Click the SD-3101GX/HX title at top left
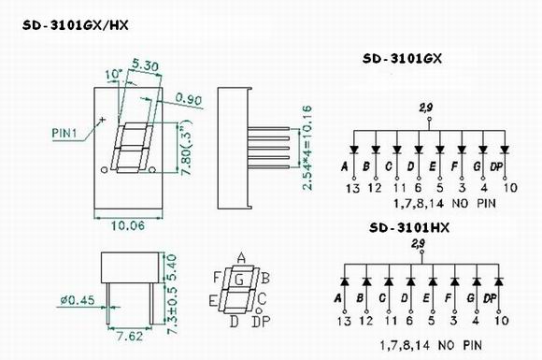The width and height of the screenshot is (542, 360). (76, 25)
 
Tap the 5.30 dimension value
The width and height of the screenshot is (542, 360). (146, 65)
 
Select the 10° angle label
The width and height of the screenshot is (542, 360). (114, 75)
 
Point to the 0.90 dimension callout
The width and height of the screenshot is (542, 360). (189, 99)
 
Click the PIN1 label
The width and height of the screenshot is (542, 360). (64, 133)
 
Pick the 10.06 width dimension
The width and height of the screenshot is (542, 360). (128, 226)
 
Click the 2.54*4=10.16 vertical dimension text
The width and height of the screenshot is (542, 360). (307, 148)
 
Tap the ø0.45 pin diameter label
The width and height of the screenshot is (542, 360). (78, 300)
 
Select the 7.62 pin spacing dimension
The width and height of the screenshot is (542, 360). (129, 336)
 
